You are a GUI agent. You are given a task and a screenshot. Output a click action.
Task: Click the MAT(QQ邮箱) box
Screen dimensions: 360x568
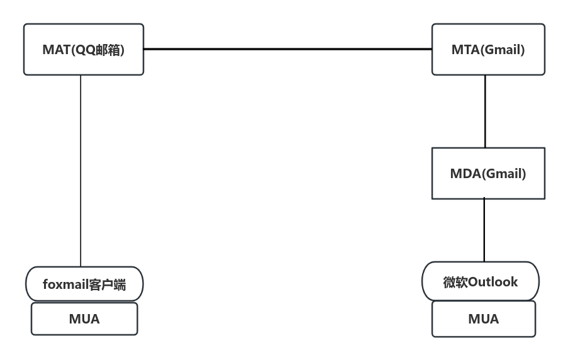coord(84,50)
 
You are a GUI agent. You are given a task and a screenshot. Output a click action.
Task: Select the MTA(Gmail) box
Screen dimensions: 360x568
coord(488,50)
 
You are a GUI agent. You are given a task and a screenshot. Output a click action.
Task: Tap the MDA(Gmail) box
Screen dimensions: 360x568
coord(488,173)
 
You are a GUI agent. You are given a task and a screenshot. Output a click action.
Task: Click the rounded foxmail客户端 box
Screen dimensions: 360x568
coord(84,284)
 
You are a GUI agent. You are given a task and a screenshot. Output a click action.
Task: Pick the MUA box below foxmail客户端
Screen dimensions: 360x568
coord(84,319)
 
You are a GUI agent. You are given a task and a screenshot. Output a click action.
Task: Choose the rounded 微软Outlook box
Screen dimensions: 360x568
coord(481,281)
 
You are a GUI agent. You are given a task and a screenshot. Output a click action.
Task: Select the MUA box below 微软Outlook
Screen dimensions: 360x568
coord(483,319)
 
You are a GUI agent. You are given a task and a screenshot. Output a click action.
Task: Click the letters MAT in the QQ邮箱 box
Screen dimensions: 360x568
coord(55,50)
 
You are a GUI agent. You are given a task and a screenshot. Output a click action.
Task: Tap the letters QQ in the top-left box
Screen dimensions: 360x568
coord(84,50)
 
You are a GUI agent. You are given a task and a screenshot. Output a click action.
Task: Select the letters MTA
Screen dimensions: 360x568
coord(465,50)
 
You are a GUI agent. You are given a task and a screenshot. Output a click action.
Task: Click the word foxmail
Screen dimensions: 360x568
coord(65,284)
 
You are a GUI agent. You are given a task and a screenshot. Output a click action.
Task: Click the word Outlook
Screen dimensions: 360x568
coord(493,281)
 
